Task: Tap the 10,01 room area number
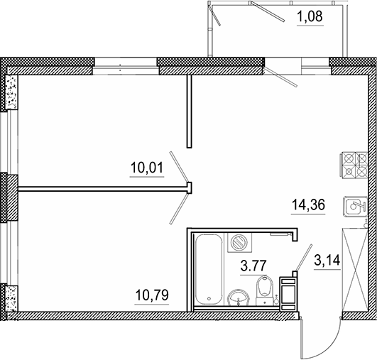(x=147, y=168)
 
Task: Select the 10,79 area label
(x=152, y=293)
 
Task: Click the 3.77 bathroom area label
(x=254, y=267)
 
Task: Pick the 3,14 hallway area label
(x=327, y=261)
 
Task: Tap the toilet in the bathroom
(x=263, y=288)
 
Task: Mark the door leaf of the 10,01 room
(x=181, y=169)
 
